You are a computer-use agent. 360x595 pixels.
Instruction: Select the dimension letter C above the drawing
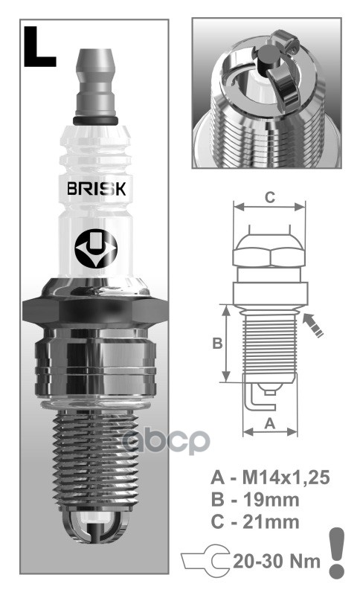(271, 198)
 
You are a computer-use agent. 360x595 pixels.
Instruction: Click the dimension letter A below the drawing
(271, 422)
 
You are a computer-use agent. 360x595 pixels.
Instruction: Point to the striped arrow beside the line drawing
(315, 325)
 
